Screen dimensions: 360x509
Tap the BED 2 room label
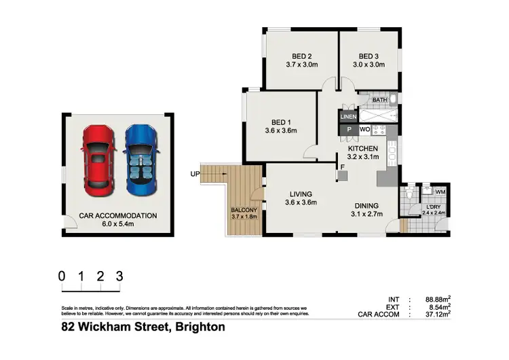click(x=301, y=56)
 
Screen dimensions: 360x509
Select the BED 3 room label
click(x=368, y=56)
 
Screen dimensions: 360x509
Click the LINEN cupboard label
click(x=347, y=117)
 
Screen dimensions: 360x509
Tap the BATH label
click(x=379, y=101)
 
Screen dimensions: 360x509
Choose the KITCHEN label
click(x=362, y=148)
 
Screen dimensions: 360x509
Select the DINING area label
click(x=366, y=206)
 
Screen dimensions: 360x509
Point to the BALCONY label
click(x=244, y=211)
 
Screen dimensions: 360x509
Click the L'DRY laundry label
click(x=432, y=207)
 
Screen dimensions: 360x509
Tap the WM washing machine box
click(x=440, y=193)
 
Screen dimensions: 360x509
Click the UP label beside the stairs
click(x=195, y=174)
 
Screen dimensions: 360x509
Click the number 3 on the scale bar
click(x=119, y=276)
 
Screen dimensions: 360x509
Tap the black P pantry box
click(x=349, y=128)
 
